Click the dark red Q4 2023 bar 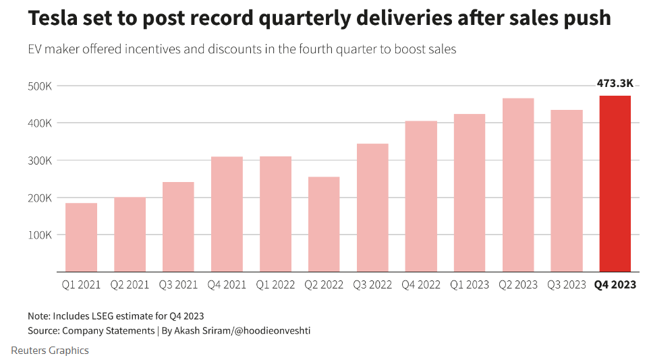[615, 183]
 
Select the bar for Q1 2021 [81, 237]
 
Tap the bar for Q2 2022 [324, 224]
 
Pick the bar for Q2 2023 [518, 185]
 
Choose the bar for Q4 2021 [227, 214]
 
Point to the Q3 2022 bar [372, 208]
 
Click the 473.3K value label [615, 84]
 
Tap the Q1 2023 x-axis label [470, 284]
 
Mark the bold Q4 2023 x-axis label [615, 284]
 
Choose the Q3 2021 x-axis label [178, 284]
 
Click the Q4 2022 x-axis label [421, 284]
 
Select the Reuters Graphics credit [50, 351]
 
